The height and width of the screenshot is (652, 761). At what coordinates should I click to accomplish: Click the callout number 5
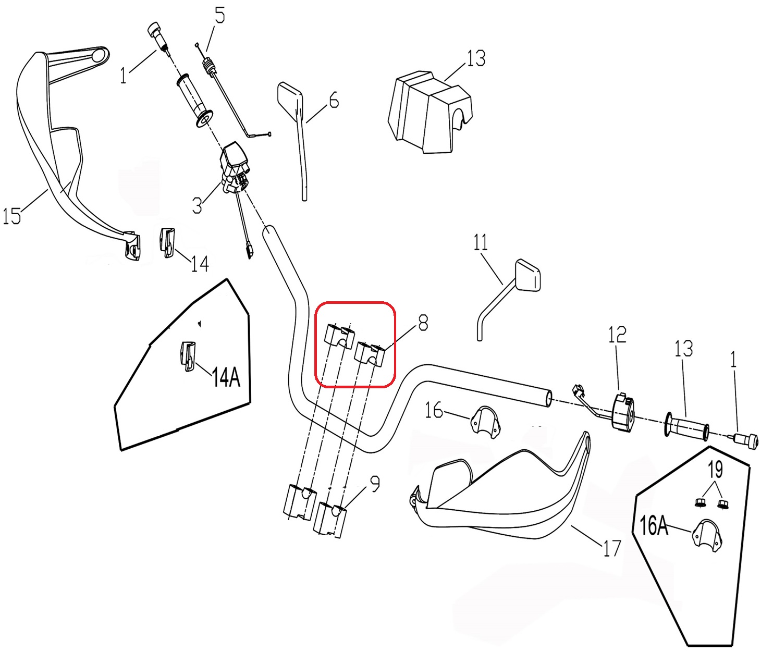[220, 16]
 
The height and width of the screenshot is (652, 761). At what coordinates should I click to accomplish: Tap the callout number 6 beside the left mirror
[334, 100]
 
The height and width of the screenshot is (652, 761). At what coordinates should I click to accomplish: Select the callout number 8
[423, 323]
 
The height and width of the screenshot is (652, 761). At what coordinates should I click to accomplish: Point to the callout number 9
[375, 484]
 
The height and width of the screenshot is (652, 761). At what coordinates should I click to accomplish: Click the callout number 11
[481, 242]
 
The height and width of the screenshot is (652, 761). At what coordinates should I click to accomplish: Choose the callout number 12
[617, 335]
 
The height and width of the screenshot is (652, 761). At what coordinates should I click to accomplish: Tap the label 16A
[654, 526]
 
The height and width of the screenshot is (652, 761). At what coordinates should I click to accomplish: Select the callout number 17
[612, 548]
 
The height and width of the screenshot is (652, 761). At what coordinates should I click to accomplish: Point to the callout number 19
[716, 470]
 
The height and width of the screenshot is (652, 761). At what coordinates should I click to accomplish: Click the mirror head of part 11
[528, 274]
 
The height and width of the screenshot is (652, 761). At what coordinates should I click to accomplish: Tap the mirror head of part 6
[290, 96]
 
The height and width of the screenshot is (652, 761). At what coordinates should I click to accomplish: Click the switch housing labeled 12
[623, 412]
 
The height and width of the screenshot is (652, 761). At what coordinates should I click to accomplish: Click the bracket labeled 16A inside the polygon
[706, 534]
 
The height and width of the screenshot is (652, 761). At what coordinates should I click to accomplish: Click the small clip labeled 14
[167, 242]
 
